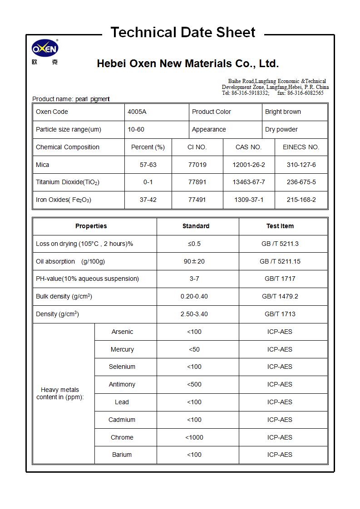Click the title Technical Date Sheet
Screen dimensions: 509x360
[183, 33]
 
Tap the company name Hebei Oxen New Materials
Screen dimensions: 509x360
[187, 64]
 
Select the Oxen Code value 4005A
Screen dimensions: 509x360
[137, 112]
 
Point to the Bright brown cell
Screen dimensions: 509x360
[283, 112]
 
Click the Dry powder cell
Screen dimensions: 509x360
[281, 129]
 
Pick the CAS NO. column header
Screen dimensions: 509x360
[248, 147]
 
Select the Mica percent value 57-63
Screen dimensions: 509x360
[148, 165]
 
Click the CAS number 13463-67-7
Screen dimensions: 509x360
[248, 182]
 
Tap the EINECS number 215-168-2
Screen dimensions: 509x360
[301, 200]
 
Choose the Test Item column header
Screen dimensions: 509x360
[280, 226]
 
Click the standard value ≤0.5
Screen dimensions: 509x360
[194, 244]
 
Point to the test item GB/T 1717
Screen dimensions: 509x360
[280, 279]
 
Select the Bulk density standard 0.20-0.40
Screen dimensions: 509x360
[194, 296]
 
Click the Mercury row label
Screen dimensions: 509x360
[122, 349]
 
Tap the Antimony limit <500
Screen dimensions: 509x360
[194, 384]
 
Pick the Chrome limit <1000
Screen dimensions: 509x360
[194, 437]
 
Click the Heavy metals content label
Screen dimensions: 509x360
[60, 393]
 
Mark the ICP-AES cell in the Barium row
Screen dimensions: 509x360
[280, 455]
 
